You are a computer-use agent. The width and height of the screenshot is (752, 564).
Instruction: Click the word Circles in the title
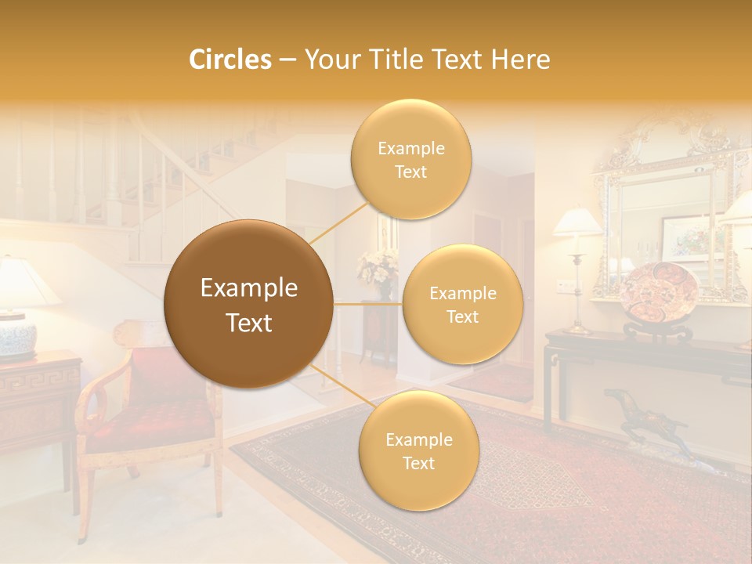(x=230, y=60)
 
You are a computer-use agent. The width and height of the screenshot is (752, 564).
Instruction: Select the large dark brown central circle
(x=248, y=304)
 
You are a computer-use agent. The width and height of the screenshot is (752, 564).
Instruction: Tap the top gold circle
(x=410, y=159)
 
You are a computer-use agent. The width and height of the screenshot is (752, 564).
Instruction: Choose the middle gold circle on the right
(x=462, y=304)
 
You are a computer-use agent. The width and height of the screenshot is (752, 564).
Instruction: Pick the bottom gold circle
(x=418, y=450)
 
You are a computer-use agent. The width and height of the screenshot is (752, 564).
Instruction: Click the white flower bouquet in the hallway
(x=378, y=266)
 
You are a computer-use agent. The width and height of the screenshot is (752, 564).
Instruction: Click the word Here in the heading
(x=521, y=60)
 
